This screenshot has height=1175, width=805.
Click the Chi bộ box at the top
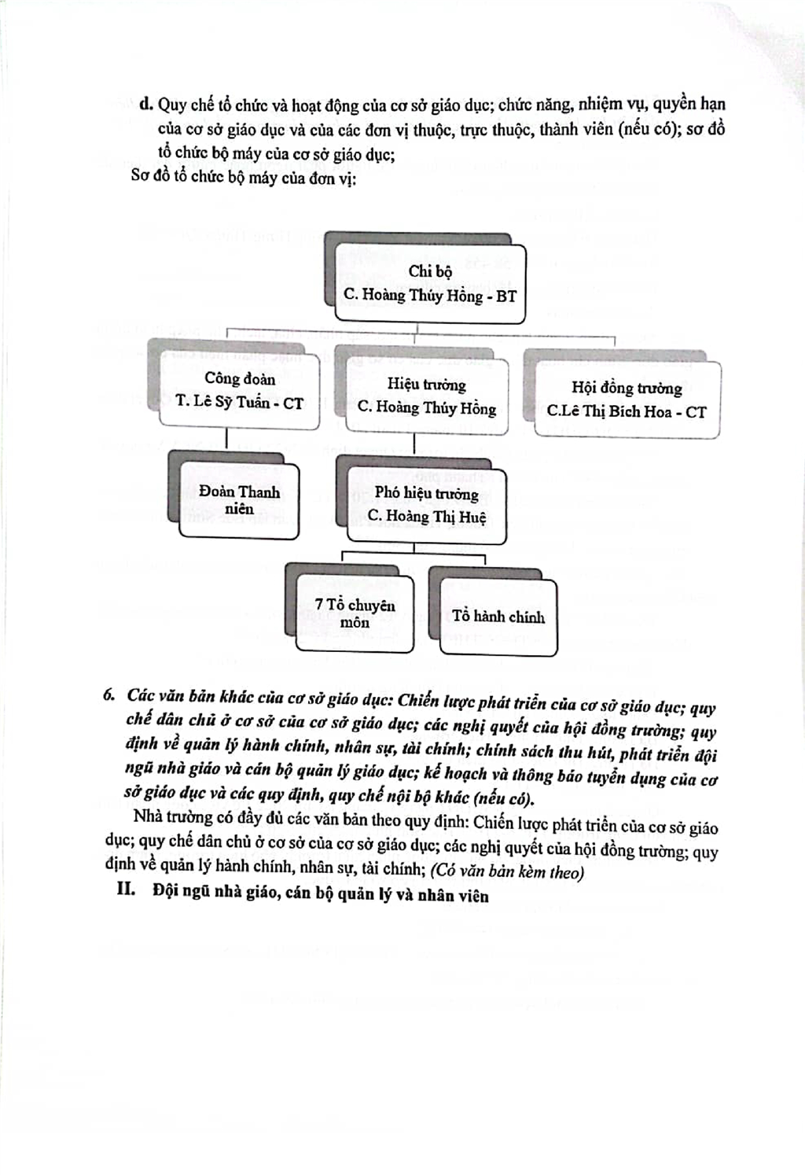point(430,284)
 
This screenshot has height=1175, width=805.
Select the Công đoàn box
point(239,390)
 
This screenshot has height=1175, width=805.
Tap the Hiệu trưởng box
point(427,396)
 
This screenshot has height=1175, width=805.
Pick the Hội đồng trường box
point(627,400)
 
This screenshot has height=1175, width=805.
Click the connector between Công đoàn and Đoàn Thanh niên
point(226,441)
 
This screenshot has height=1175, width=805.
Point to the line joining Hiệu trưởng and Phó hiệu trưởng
point(414,445)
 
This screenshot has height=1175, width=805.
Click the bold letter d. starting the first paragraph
point(145,105)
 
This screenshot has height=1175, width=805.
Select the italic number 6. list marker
point(109,695)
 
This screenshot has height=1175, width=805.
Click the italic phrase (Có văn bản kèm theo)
point(506,872)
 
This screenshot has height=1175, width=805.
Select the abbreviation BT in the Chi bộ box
point(506,297)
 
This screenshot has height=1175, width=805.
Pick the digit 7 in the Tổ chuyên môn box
point(319,604)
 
